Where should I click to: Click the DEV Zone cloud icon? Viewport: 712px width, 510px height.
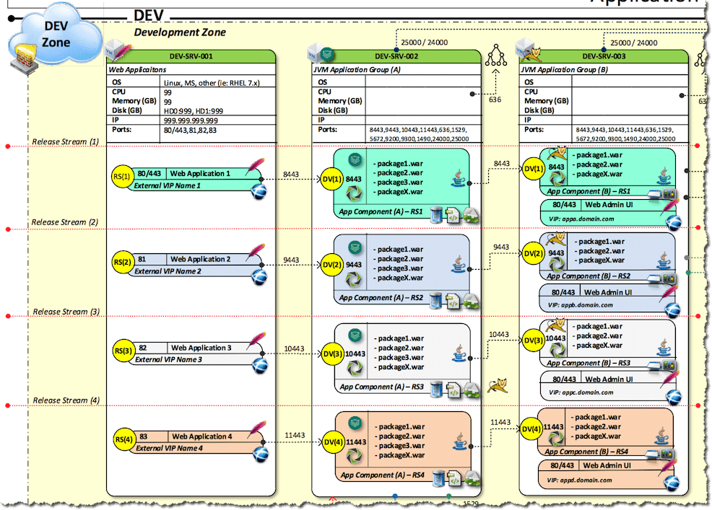coord(56,36)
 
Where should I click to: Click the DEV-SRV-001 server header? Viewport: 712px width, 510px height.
coord(191,56)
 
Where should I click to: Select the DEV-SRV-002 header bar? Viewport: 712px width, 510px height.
coord(397,56)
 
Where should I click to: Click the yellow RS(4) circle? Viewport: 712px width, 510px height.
coord(122,439)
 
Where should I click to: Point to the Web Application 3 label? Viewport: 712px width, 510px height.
coord(201,348)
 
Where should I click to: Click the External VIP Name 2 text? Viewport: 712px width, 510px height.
coord(168,271)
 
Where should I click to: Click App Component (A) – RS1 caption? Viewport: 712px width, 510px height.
coord(380,212)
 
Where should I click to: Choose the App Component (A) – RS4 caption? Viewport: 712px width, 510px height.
coord(381,475)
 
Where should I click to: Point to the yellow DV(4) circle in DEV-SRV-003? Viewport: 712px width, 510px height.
coord(531,429)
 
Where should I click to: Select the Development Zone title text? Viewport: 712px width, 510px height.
coord(180,32)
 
